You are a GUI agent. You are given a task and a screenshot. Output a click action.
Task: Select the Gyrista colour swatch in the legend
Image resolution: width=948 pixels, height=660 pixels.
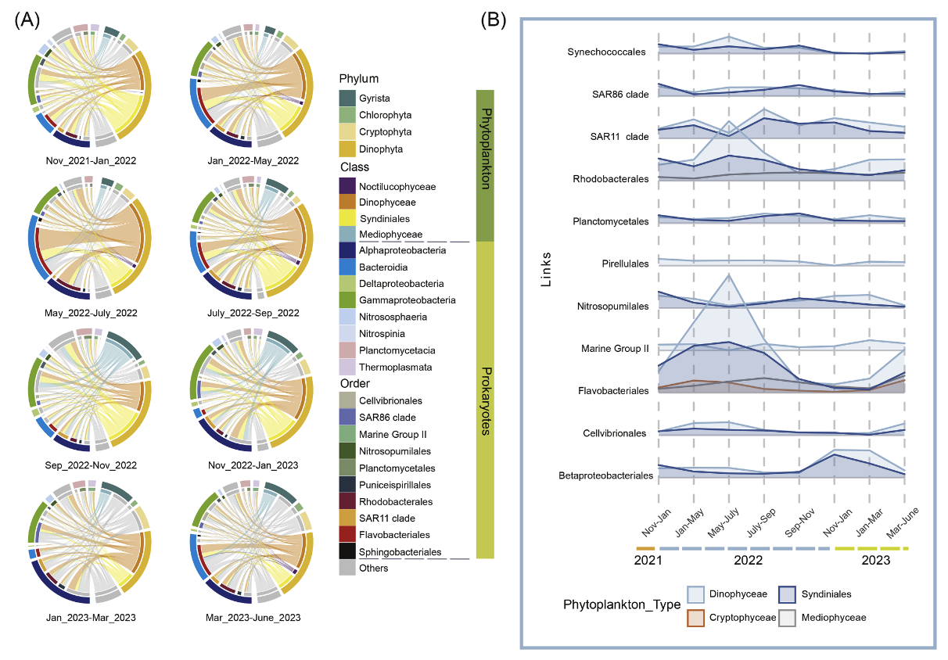click(x=348, y=98)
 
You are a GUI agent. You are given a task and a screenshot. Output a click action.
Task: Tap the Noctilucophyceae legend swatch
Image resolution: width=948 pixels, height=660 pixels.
click(x=348, y=186)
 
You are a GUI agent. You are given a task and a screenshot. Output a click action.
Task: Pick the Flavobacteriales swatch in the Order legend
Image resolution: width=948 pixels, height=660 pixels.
click(x=348, y=535)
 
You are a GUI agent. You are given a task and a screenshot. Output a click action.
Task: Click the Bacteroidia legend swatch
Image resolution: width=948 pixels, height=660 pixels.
click(x=348, y=267)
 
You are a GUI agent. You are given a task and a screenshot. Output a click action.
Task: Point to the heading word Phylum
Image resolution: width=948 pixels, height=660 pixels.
click(x=359, y=79)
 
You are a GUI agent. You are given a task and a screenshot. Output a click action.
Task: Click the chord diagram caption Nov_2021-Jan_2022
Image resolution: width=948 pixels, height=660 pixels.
click(x=91, y=161)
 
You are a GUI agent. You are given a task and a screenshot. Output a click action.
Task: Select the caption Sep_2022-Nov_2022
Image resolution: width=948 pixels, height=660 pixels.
click(x=91, y=465)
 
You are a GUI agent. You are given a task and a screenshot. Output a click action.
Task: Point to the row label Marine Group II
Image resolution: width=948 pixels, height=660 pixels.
click(x=616, y=348)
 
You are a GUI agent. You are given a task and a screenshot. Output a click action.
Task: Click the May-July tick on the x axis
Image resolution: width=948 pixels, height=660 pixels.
click(x=725, y=522)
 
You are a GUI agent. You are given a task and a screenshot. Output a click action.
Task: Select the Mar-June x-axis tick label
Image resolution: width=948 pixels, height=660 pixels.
click(x=901, y=522)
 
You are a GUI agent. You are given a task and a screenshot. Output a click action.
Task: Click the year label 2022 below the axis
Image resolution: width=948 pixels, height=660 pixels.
click(x=748, y=561)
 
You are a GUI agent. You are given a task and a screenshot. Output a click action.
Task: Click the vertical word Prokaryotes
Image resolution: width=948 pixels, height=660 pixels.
click(x=485, y=400)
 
